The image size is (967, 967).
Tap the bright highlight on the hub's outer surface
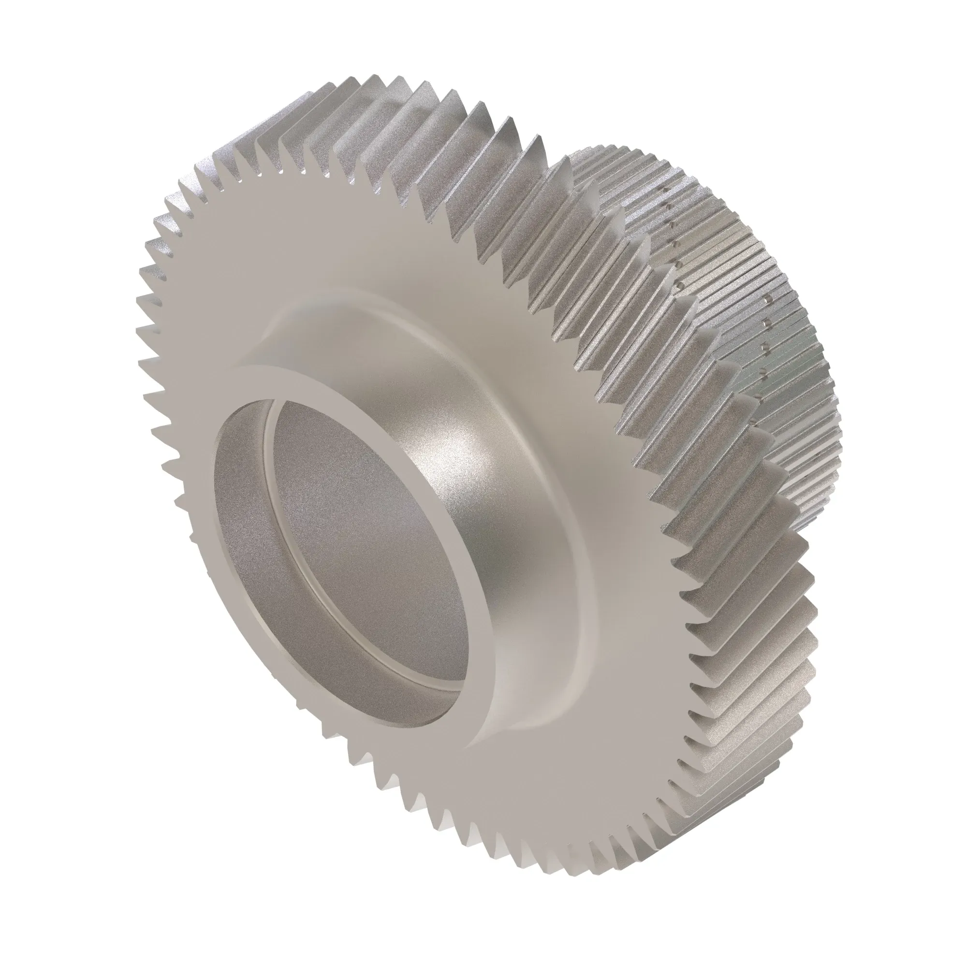[x=445, y=451]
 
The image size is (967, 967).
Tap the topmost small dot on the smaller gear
[x=663, y=190]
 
